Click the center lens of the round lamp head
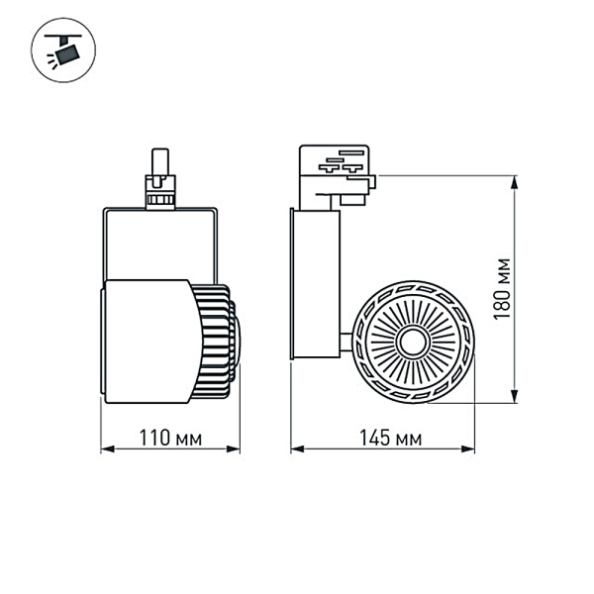point(411,343)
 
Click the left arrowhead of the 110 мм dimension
point(105,450)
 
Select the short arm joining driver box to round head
point(346,343)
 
